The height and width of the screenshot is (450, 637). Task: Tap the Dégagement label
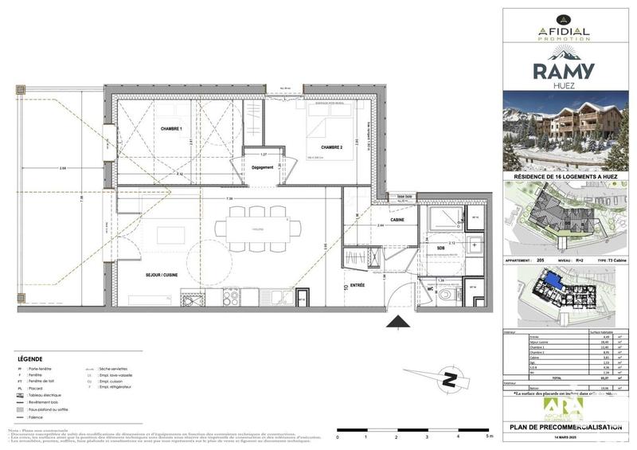[x=262, y=167]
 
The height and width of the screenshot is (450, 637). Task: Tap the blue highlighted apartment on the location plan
[x=549, y=280]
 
